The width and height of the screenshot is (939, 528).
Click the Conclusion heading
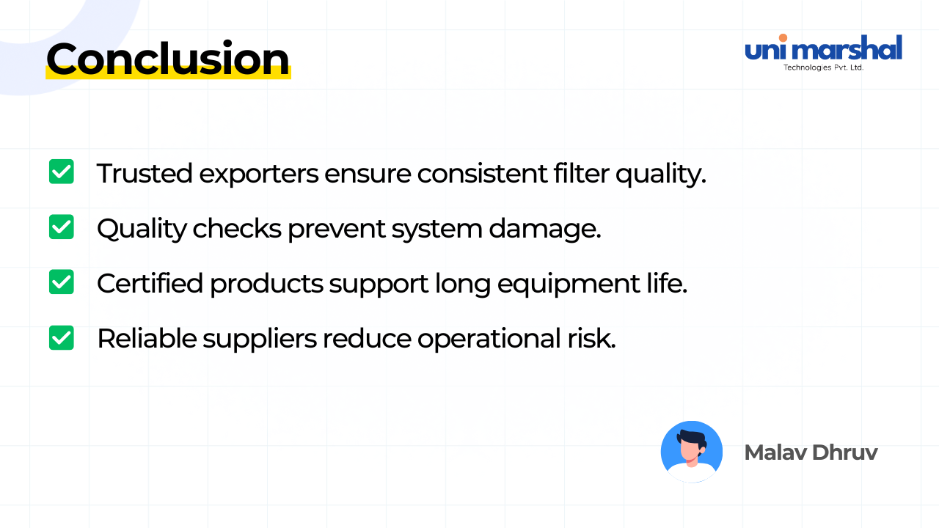(x=167, y=59)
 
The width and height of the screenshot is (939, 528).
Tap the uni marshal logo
(x=823, y=50)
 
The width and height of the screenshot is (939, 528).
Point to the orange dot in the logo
(x=783, y=38)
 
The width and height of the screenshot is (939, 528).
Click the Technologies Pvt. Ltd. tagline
(x=823, y=67)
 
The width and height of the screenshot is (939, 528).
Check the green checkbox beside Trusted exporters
(x=62, y=172)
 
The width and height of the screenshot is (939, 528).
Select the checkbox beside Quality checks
(x=62, y=227)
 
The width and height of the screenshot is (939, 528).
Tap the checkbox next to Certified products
(x=62, y=282)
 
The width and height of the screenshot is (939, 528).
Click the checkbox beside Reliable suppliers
(x=62, y=337)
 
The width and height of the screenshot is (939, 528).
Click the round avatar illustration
(x=691, y=452)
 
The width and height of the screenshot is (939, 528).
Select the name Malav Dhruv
(x=811, y=452)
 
